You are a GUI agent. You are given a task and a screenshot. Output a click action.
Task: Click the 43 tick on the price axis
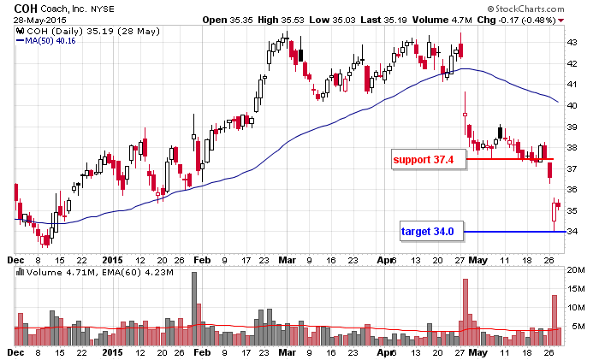click(572, 42)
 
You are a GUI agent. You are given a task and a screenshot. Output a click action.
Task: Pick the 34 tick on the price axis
click(572, 231)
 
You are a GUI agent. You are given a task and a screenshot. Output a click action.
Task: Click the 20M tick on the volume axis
click(575, 269)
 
